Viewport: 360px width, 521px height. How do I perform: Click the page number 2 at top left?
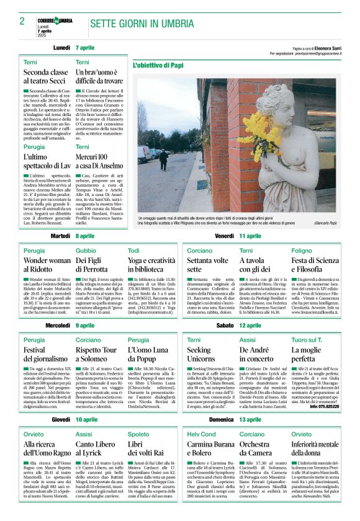click(x=22, y=21)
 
